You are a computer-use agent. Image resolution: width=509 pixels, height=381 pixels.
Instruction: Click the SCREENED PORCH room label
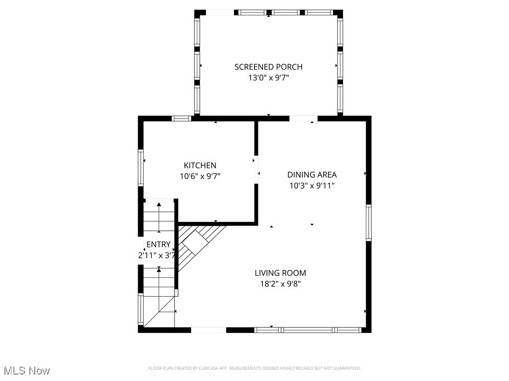268,67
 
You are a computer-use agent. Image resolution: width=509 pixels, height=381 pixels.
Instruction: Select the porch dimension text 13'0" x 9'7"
268,78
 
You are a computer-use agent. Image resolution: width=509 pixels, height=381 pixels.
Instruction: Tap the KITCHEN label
200,165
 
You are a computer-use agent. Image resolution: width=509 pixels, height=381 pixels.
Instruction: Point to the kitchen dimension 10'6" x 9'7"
200,176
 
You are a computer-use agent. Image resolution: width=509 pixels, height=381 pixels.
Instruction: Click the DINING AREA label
312,175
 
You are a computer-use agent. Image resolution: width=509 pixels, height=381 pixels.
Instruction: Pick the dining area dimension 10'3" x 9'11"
312,186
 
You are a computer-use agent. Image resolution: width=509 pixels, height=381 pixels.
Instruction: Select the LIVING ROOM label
280,273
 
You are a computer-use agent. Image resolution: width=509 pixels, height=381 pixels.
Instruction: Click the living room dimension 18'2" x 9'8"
280,284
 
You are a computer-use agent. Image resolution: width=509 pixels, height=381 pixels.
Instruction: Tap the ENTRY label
158,245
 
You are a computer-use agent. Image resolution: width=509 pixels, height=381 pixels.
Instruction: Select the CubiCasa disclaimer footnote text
254,368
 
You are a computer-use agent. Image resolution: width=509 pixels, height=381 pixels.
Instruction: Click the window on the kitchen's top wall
182,119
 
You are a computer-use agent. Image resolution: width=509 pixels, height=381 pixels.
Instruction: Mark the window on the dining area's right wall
368,223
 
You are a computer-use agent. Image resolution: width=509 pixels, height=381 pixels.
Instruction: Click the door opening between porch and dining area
303,119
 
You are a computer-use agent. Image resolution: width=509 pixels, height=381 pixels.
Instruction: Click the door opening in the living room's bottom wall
209,330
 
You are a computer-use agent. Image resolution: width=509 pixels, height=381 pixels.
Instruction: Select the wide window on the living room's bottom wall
308,330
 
